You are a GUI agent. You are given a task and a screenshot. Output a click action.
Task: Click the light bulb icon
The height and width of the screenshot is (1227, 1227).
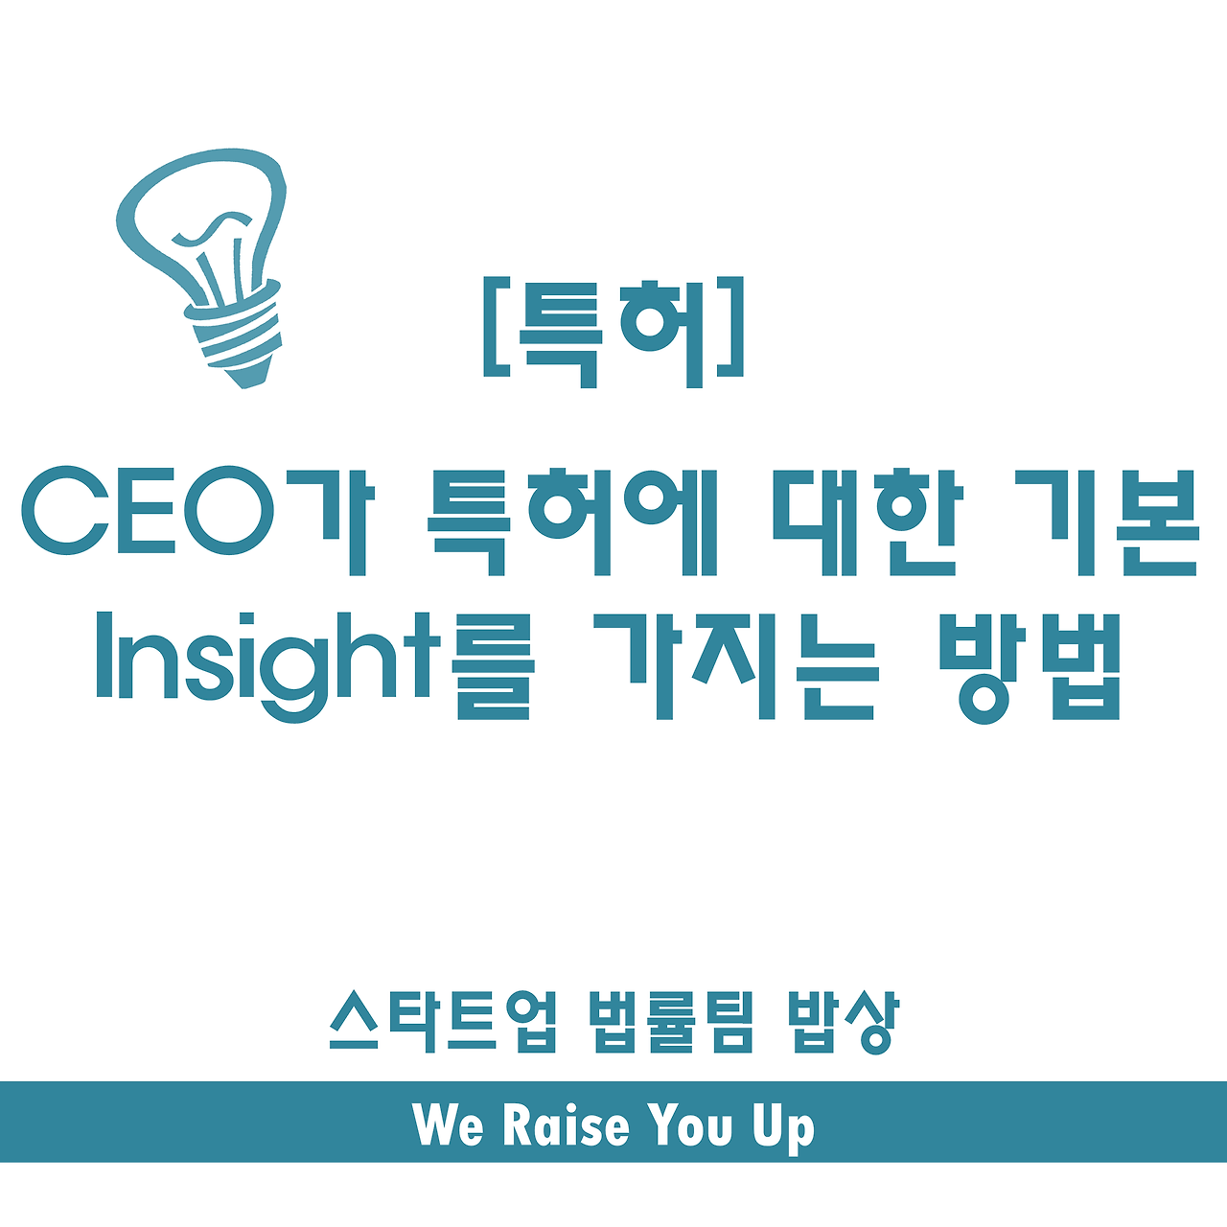coord(201,267)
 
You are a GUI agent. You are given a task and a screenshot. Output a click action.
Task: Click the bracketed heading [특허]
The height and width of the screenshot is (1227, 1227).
coord(613,332)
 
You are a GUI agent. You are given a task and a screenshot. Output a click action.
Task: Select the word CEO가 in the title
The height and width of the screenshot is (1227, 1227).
coord(197,521)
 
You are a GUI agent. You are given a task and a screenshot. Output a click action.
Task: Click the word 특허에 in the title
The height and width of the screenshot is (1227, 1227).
coord(571,521)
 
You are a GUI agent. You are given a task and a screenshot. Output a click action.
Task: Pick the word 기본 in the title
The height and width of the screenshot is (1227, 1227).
coord(1106,521)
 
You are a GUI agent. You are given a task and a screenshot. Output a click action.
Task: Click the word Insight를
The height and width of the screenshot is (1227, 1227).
coord(314,666)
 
